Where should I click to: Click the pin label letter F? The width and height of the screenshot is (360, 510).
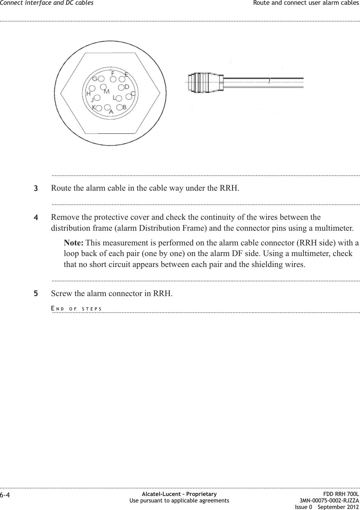click(113, 73)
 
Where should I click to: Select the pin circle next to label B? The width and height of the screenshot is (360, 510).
click(119, 107)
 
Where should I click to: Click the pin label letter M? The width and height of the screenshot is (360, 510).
click(106, 91)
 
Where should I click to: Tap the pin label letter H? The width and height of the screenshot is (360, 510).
click(88, 93)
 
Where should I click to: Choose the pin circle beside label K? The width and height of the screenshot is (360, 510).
click(99, 108)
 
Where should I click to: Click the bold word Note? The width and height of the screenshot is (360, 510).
click(74, 243)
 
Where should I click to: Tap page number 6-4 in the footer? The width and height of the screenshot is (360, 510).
click(5, 495)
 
